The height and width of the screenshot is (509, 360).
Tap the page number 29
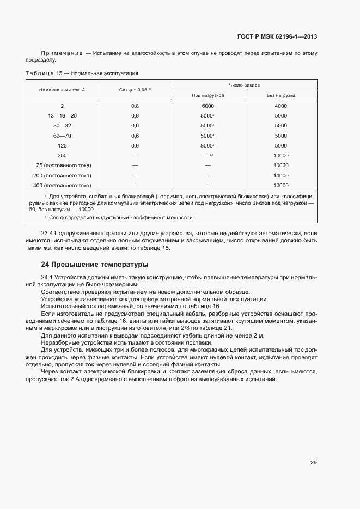314,463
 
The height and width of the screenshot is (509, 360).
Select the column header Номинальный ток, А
62,90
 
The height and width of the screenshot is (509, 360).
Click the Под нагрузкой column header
208,96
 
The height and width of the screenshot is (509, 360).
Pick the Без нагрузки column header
281,96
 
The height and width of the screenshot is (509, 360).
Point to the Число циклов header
245,85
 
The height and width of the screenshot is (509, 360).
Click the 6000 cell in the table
208,106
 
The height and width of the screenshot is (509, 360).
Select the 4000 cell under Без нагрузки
281,106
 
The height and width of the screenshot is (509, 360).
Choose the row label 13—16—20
62,116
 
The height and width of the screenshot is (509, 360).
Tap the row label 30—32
62,126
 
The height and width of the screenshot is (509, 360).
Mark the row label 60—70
62,136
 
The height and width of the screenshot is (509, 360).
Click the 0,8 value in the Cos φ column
135,106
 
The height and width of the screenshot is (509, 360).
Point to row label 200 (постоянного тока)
62,176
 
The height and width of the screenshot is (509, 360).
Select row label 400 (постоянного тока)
62,186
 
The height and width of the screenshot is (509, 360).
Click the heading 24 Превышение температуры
95,265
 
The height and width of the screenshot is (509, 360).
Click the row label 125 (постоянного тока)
62,165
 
